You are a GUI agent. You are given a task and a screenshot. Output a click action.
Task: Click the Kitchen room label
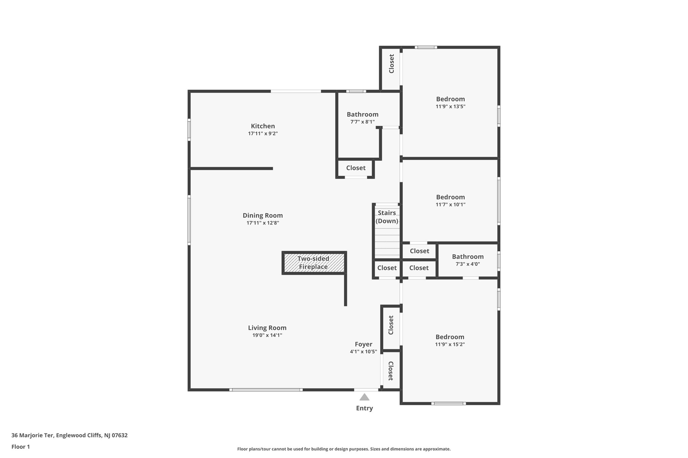pyautogui.click(x=263, y=126)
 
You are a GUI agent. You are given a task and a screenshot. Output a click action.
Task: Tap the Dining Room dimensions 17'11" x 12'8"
pyautogui.click(x=263, y=223)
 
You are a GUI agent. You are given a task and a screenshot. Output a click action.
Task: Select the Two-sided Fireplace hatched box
pyautogui.click(x=314, y=263)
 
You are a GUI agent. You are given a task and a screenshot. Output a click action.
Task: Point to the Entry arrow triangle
pyautogui.click(x=364, y=397)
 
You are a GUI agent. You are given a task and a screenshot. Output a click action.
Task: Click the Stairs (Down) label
pyautogui.click(x=387, y=217)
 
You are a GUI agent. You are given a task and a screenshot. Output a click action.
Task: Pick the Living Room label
pyautogui.click(x=267, y=328)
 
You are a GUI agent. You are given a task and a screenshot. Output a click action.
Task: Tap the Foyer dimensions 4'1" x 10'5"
pyautogui.click(x=363, y=352)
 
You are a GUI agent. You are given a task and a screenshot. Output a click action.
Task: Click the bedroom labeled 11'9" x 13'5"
pyautogui.click(x=450, y=102)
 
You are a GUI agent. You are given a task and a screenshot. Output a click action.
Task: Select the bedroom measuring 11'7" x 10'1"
pyautogui.click(x=450, y=200)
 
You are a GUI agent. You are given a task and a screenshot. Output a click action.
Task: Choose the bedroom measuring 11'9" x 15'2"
pyautogui.click(x=450, y=340)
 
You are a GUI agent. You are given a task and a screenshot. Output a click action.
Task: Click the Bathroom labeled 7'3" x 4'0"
pyautogui.click(x=468, y=260)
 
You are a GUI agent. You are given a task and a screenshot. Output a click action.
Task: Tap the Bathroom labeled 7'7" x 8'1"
pyautogui.click(x=362, y=118)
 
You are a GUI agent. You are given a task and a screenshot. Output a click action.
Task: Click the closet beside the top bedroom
pyautogui.click(x=391, y=64)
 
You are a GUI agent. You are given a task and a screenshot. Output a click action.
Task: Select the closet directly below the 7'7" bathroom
pyautogui.click(x=356, y=168)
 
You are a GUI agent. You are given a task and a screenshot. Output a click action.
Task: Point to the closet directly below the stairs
pyautogui.click(x=387, y=268)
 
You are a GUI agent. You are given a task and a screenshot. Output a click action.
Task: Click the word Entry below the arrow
pyautogui.click(x=364, y=408)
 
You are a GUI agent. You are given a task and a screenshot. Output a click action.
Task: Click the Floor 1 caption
pyautogui.click(x=21, y=447)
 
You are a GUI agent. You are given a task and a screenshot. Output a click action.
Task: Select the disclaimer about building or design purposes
pyautogui.click(x=344, y=449)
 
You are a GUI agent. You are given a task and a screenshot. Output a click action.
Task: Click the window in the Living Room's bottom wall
pyautogui.click(x=266, y=390)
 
